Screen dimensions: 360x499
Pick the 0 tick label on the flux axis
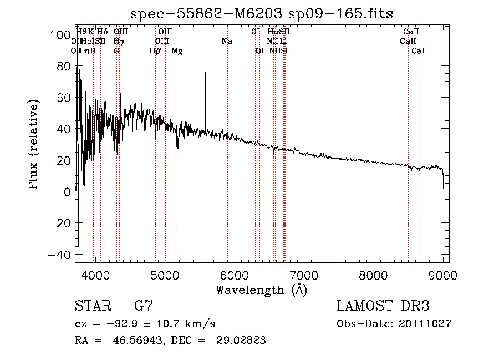pyautogui.click(x=67, y=192)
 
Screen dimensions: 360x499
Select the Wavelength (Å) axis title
pyautogui.click(x=261, y=290)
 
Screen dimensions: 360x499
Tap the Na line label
pyautogui.click(x=226, y=42)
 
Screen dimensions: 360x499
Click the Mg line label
pyautogui.click(x=177, y=51)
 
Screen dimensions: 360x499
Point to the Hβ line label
pyautogui.click(x=155, y=51)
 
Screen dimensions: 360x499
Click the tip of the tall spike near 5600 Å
pyautogui.click(x=205, y=73)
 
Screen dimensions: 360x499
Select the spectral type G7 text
pyautogui.click(x=144, y=306)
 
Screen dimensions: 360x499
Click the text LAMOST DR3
pyautogui.click(x=383, y=306)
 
